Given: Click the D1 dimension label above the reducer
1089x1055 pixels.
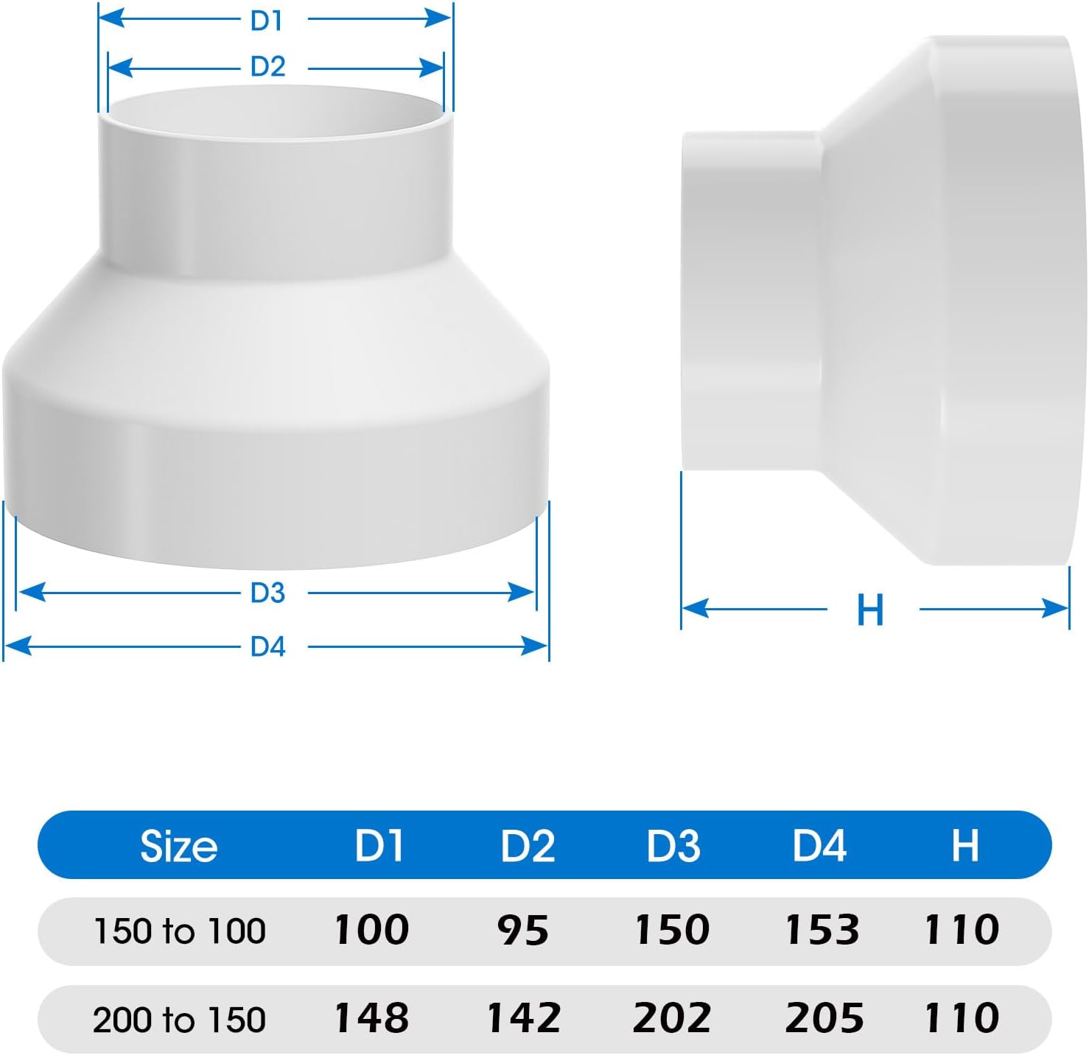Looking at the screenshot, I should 267,21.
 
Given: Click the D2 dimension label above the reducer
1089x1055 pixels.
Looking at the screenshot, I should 267,67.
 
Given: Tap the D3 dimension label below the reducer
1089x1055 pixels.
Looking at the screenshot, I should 267,593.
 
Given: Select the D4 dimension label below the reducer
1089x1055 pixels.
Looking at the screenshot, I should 267,646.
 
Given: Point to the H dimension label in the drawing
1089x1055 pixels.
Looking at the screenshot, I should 870,610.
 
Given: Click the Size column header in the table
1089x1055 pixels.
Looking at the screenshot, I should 178,846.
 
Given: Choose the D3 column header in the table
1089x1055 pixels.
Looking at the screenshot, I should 673,846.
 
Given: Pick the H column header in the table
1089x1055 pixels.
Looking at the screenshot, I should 964,846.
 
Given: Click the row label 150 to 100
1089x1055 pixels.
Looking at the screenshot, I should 179,931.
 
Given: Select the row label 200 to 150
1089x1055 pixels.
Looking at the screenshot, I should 179,1020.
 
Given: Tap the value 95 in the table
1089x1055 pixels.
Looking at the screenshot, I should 522,931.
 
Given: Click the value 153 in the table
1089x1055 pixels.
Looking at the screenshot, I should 822,930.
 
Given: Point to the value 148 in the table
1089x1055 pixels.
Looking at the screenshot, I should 371,1018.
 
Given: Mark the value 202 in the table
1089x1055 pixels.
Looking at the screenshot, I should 671,1018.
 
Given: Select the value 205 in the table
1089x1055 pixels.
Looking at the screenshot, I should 824,1018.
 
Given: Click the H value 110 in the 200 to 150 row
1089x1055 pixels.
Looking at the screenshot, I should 962,1018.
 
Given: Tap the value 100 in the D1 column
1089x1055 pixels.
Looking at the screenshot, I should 371,930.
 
